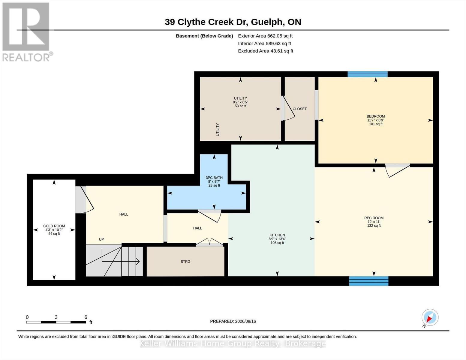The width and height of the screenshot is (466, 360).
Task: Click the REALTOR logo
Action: point(27,32)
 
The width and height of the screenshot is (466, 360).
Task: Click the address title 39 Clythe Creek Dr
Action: point(206,22)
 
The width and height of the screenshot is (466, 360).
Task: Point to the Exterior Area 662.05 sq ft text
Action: point(265,36)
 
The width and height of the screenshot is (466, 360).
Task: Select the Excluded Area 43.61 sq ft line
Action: point(266,51)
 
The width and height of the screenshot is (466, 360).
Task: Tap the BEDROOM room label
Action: point(375,116)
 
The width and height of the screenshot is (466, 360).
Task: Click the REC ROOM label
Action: point(374,218)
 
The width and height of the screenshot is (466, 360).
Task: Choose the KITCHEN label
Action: point(277,235)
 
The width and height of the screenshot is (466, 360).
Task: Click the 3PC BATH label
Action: point(214,178)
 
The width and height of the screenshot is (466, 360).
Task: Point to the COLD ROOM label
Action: point(54,226)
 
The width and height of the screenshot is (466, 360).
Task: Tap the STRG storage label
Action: point(185,261)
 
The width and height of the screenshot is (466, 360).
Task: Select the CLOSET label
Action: point(299,109)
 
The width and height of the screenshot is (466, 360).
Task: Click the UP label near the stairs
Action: point(101,239)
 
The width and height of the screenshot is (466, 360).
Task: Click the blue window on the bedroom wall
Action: point(368,74)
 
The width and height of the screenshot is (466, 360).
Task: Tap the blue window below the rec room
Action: point(369,281)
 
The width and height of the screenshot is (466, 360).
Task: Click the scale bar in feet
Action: point(56,322)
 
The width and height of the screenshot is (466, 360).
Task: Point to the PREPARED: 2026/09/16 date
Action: point(233,321)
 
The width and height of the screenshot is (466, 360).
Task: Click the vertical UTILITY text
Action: point(218,130)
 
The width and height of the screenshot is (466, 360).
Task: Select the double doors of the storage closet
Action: point(209,242)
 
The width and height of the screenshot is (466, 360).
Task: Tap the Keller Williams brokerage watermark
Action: point(233,344)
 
